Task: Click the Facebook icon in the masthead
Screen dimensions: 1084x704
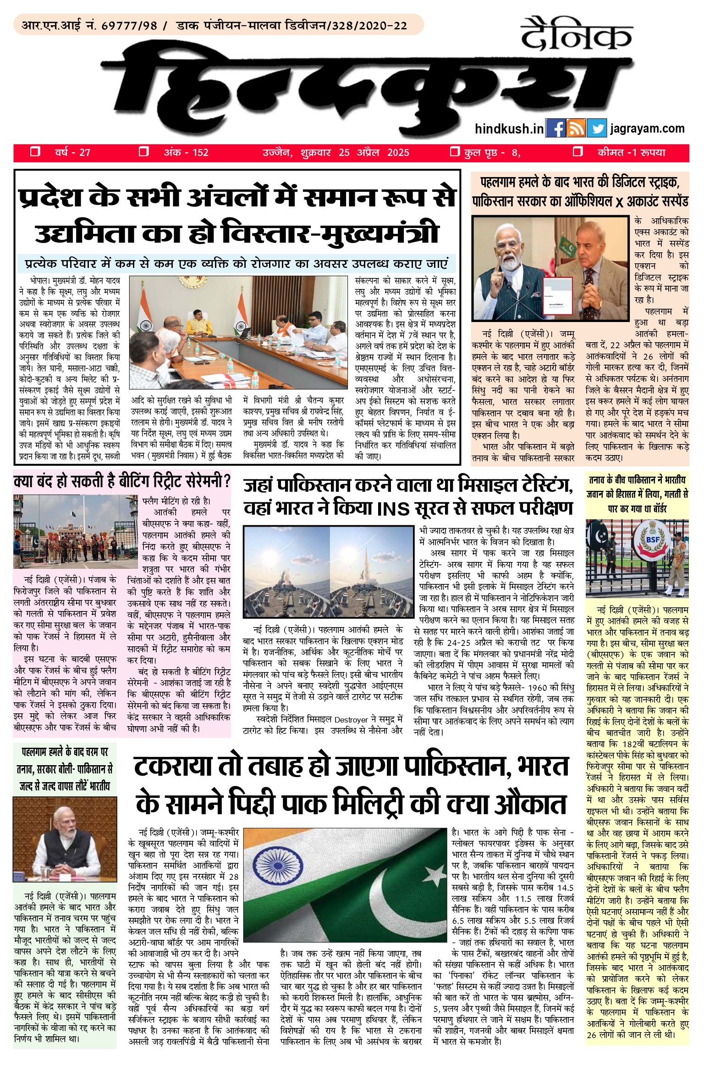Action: point(555,128)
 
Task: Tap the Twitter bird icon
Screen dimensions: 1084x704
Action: point(596,128)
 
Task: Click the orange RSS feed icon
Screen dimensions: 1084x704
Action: point(576,128)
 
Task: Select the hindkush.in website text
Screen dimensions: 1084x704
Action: point(509,129)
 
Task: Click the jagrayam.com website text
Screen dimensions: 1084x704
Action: point(647,128)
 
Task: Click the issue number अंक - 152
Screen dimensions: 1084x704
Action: point(186,152)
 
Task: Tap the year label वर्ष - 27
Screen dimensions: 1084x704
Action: point(72,152)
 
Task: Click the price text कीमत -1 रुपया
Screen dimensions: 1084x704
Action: point(631,152)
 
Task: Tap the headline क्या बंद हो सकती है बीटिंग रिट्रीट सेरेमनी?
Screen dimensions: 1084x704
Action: point(122,482)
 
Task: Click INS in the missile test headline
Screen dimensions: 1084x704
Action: point(394,509)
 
